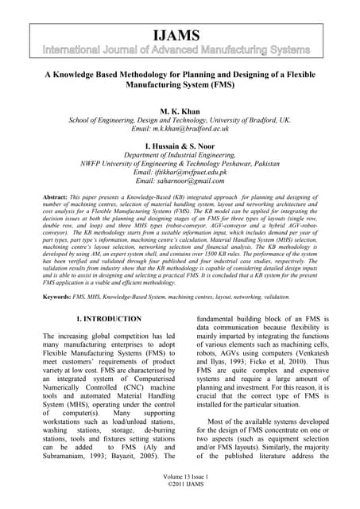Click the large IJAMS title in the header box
[180, 36]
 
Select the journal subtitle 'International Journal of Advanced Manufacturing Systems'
[180, 51]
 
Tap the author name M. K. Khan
[180, 112]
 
